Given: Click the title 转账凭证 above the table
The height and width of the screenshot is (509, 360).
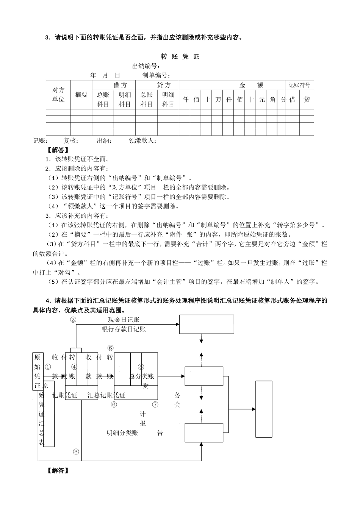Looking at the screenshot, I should [x=180, y=57].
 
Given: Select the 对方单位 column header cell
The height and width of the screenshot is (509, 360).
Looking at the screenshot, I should [x=58, y=95].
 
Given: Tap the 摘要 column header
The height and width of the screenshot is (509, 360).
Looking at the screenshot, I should [x=81, y=95].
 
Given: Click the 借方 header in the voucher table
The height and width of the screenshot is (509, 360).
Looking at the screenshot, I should [x=121, y=85].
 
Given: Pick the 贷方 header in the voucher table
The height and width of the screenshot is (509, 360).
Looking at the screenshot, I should [x=164, y=85].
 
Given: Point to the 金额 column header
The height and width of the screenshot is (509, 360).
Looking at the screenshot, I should [x=251, y=85].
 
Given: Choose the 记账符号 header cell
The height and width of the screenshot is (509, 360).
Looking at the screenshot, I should [x=299, y=85].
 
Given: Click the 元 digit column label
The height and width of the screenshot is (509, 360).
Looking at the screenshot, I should [x=262, y=100].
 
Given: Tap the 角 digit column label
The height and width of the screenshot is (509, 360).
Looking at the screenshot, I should [x=273, y=100].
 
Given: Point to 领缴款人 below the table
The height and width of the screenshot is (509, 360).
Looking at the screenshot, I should [x=142, y=141].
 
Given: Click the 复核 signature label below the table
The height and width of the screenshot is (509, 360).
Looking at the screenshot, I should [x=71, y=141].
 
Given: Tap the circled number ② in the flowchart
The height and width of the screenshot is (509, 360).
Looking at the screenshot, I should [x=73, y=320].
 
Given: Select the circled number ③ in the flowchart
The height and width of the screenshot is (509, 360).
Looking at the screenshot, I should [x=76, y=451].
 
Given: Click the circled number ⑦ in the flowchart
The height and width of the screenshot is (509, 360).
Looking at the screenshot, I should [x=155, y=404].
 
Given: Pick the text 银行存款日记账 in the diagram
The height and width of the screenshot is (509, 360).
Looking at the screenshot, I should [x=124, y=329].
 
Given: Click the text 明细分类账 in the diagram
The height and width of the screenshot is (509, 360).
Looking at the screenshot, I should [x=122, y=432].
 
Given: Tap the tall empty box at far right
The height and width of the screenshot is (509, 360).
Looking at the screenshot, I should [x=264, y=409].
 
